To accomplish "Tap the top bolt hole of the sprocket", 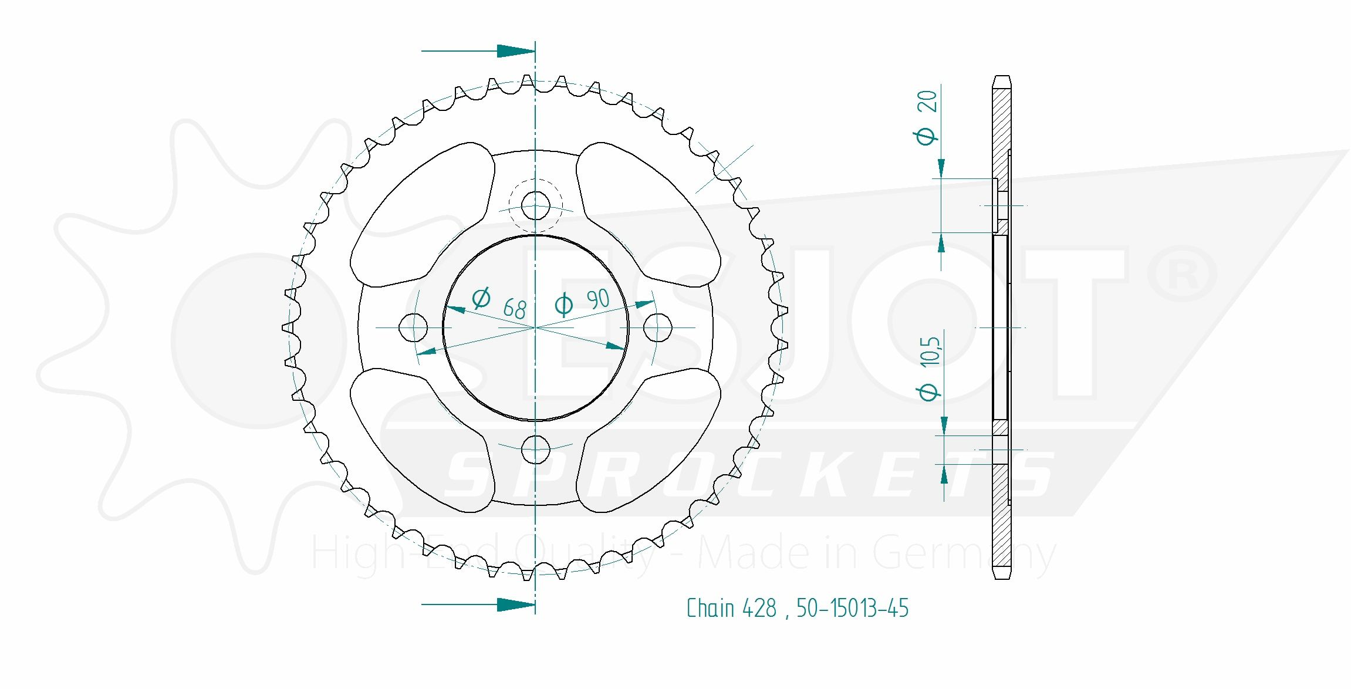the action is point(535,205).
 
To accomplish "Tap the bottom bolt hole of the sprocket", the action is point(535,450).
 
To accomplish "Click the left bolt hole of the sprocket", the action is point(413,327).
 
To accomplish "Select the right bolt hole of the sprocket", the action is point(658,327).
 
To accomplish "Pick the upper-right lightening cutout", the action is point(649,215).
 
